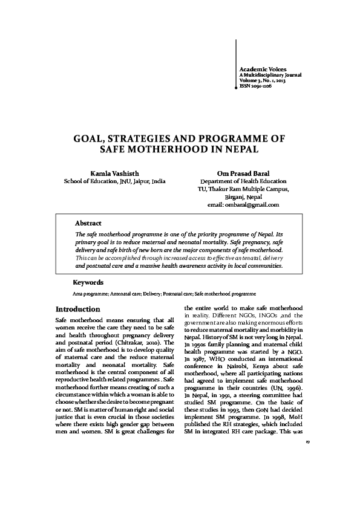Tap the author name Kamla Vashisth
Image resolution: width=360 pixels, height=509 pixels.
click(x=114, y=172)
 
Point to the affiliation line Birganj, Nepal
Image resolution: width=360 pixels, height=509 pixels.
click(x=243, y=196)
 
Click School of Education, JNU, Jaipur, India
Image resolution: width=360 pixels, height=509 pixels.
click(x=115, y=181)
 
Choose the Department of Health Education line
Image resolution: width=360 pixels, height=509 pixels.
click(x=243, y=181)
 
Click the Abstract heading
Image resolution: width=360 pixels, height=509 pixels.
click(x=88, y=224)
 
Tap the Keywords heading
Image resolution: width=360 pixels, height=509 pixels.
click(x=88, y=282)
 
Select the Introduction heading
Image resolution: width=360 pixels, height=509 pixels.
click(x=77, y=309)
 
